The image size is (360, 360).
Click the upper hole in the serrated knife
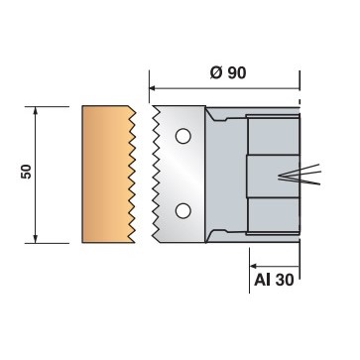182,135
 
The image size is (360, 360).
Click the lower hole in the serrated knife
182,210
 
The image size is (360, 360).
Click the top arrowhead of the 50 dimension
38,110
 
